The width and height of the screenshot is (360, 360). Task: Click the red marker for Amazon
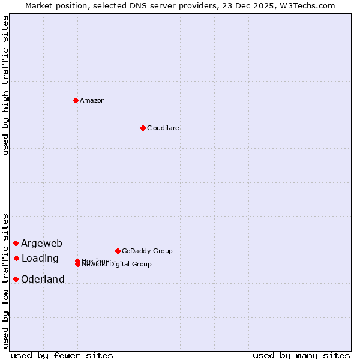click(x=76, y=100)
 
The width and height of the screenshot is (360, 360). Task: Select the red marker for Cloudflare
click(x=143, y=128)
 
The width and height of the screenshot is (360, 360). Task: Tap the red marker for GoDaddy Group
click(x=118, y=251)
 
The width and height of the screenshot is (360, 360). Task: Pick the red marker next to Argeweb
click(x=16, y=243)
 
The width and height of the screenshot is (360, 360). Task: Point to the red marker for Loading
click(x=16, y=258)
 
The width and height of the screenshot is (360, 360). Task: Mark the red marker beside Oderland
click(x=16, y=279)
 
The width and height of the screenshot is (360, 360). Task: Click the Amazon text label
click(x=92, y=100)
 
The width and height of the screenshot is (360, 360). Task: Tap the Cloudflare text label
click(x=163, y=128)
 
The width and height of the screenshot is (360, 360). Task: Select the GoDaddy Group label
click(x=147, y=251)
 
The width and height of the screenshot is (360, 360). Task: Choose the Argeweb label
click(x=41, y=243)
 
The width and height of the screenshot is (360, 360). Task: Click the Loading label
click(x=40, y=259)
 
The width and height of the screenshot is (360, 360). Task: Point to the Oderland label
click(x=43, y=280)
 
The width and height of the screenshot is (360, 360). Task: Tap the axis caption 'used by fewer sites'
click(x=62, y=355)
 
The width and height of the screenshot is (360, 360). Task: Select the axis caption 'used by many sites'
click(x=301, y=355)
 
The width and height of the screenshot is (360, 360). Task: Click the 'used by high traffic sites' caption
click(x=5, y=85)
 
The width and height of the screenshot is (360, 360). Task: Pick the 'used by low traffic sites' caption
click(x=5, y=280)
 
